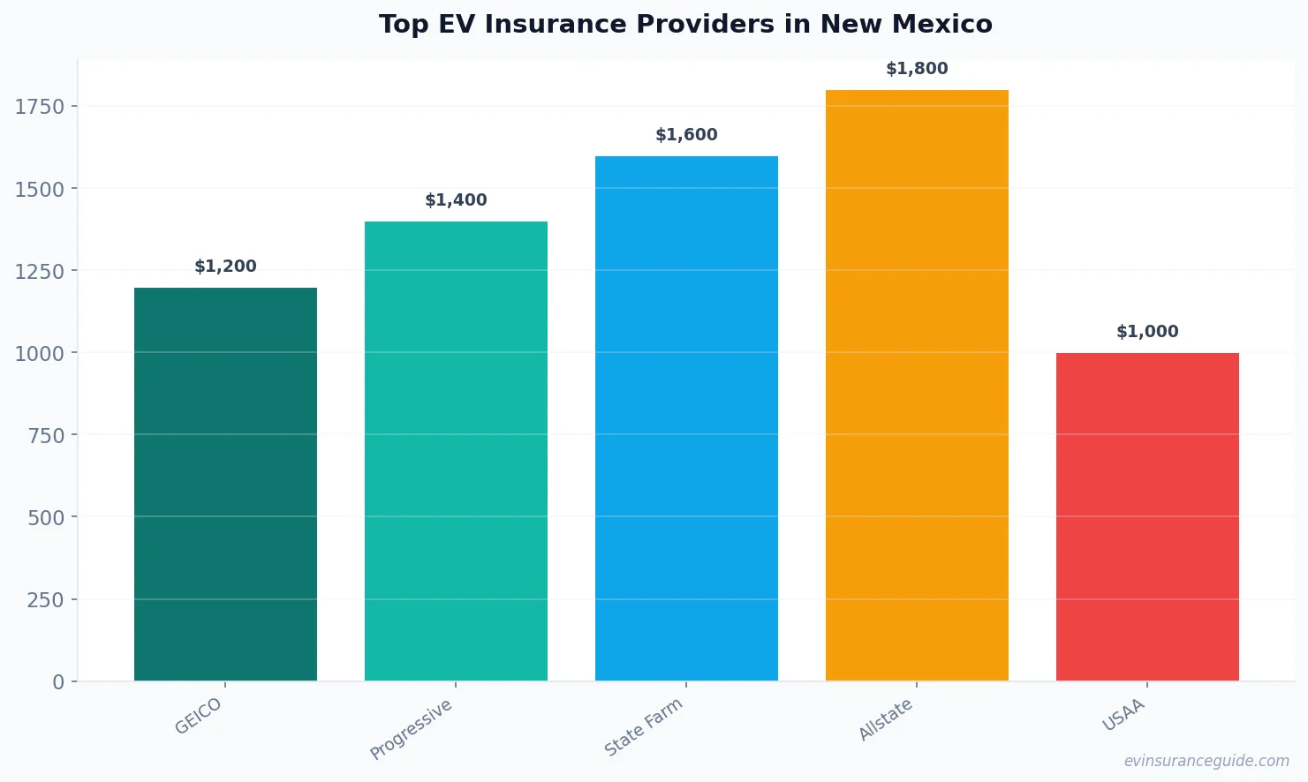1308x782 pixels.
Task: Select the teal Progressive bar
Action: click(456, 450)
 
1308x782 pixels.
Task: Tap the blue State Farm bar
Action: click(686, 418)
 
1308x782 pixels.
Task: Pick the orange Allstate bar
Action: click(917, 385)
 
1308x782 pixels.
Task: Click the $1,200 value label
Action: click(225, 267)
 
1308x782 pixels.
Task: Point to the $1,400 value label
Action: click(456, 200)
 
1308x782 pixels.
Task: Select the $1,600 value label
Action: click(686, 135)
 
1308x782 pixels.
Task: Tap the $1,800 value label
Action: click(917, 69)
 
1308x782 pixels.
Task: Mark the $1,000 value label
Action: click(1147, 332)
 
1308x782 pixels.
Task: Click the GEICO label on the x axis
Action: click(199, 716)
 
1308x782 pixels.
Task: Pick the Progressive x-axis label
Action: click(412, 729)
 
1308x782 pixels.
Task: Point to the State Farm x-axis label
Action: click(644, 727)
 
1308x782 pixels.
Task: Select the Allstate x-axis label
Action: click(886, 719)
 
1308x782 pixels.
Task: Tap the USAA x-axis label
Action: click(1123, 715)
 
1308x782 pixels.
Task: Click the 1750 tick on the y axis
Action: click(40, 107)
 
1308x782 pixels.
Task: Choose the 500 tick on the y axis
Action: click(46, 518)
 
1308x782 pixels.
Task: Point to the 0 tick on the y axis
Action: click(58, 682)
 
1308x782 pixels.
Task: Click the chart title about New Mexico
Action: click(685, 24)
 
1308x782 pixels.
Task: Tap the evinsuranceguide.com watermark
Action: click(1206, 761)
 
